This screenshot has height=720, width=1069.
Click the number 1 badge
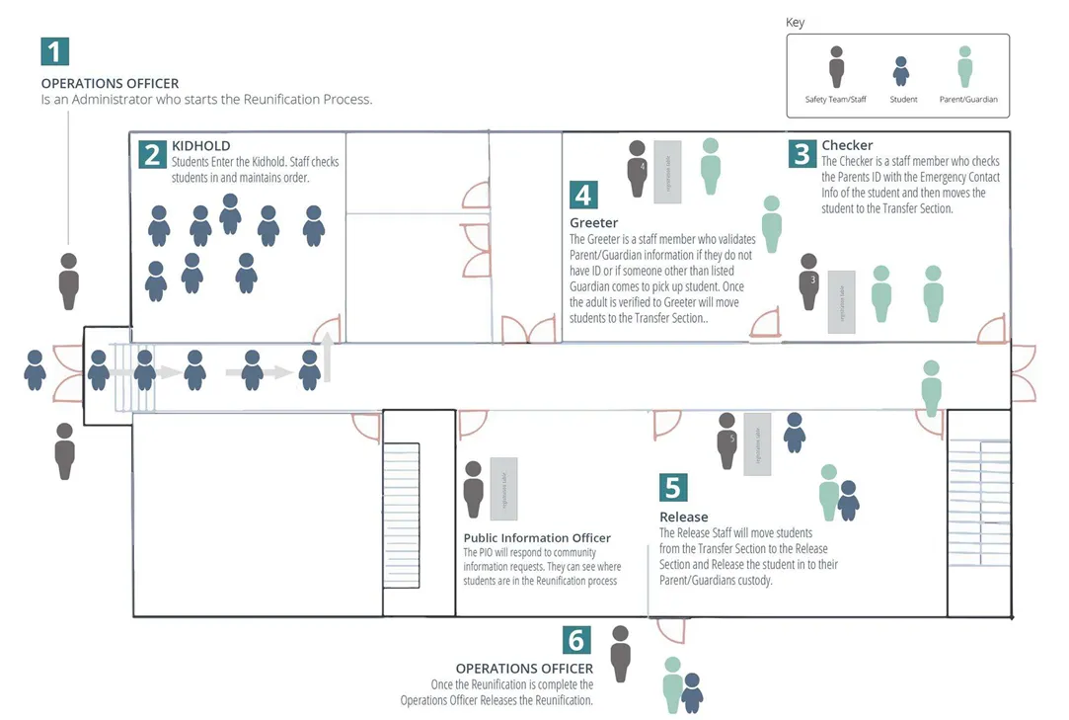pos(55,51)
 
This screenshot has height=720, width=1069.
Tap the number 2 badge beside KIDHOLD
pos(152,155)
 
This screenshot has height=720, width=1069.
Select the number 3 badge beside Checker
pos(802,153)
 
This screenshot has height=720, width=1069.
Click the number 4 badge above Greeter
pos(583,195)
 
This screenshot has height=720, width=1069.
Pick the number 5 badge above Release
pos(673,488)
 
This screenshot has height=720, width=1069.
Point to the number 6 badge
pos(576,640)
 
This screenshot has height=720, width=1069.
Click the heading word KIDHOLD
pos(200,146)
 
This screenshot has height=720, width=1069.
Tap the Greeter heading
pos(593,223)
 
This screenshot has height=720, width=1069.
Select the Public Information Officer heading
pos(537,538)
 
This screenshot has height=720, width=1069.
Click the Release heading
pos(683,517)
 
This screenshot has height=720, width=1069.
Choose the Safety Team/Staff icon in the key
pos(836,66)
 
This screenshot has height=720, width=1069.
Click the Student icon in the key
pos(900,71)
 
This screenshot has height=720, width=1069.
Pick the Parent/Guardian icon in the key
pos(964,66)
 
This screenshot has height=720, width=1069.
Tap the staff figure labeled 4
pos(638,168)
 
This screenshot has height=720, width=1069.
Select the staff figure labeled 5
pos(727,440)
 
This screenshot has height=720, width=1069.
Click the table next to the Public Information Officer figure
pos(503,488)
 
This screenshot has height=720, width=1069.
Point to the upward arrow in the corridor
pos(328,356)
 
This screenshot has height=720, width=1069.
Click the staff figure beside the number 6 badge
pos(621,653)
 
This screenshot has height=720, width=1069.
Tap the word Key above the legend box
pos(795,23)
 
